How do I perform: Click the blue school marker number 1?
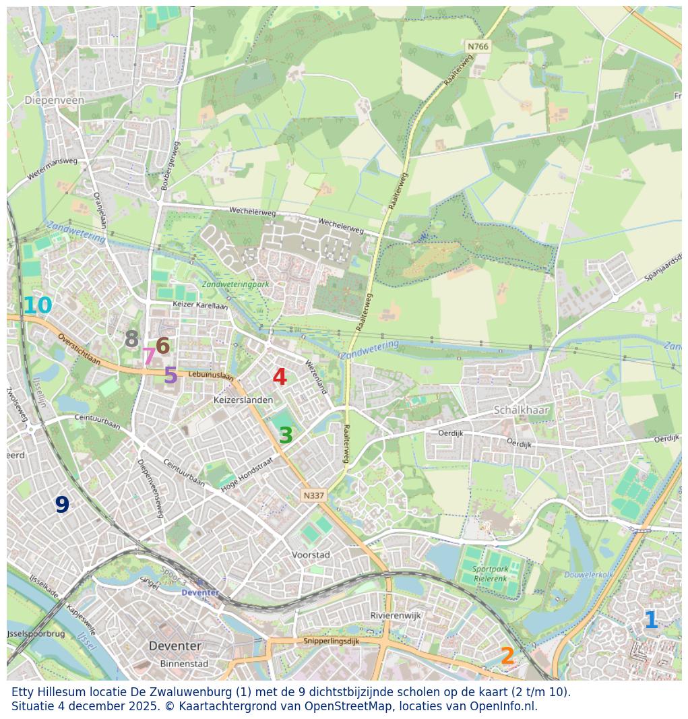coord(650,620)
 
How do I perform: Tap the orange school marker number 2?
coord(507,656)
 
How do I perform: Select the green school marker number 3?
coord(286,436)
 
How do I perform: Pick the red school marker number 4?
coord(280,377)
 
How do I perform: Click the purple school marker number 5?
coord(170,375)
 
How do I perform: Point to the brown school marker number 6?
coord(162,346)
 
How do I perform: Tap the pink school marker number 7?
coord(149,356)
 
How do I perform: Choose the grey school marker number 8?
coord(131,339)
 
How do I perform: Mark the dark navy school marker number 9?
coord(62,505)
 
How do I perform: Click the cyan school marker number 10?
coord(37,306)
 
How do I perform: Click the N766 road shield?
coord(478,46)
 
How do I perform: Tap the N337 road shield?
coord(313,495)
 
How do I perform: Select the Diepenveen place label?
coord(55,100)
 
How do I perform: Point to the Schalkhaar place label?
coord(522,410)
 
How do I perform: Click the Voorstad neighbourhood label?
coord(311,555)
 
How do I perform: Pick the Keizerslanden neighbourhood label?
coord(243,400)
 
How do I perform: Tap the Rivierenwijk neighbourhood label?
coord(396,615)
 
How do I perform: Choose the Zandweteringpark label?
coord(235,284)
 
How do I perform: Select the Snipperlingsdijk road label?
coord(332,641)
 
